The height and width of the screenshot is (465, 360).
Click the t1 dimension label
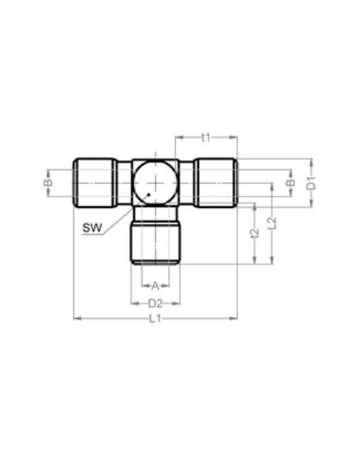[205, 137]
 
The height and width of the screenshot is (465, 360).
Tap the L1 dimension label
[155, 318]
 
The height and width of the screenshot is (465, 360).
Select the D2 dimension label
[155, 303]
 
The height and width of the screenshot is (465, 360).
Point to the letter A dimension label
[155, 286]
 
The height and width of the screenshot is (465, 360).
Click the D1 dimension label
[311, 182]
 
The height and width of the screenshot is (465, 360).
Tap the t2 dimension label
[255, 233]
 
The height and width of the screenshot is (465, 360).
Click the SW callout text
[92, 228]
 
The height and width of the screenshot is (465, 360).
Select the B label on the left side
[49, 182]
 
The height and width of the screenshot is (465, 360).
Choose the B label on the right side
[292, 182]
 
